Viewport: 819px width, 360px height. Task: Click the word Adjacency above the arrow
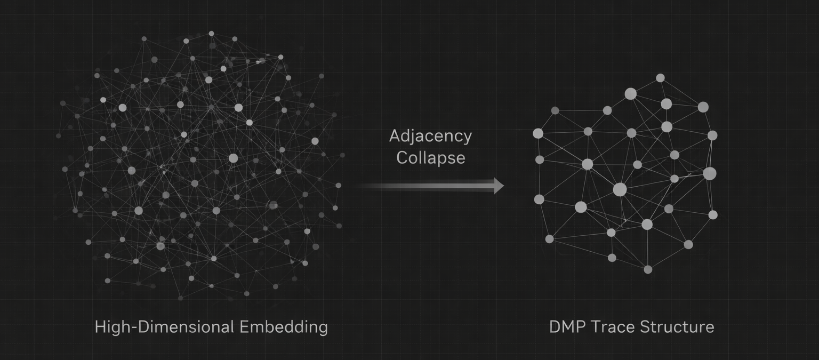(x=430, y=136)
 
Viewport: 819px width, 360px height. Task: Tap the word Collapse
(x=430, y=158)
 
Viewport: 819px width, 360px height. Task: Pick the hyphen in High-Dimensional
(x=134, y=327)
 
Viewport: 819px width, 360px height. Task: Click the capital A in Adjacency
(x=395, y=136)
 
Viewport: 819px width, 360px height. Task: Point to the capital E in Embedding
(x=244, y=326)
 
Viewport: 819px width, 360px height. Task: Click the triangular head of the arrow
(x=498, y=186)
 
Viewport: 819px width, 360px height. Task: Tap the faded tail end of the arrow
(x=365, y=186)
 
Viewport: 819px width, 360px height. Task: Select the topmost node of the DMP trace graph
(x=660, y=78)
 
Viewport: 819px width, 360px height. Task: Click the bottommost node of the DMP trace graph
(x=648, y=270)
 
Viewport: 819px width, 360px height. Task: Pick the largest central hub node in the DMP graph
(x=620, y=189)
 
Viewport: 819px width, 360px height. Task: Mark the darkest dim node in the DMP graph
(x=555, y=110)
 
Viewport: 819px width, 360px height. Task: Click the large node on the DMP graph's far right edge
(x=710, y=173)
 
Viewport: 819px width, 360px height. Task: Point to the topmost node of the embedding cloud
(x=211, y=33)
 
